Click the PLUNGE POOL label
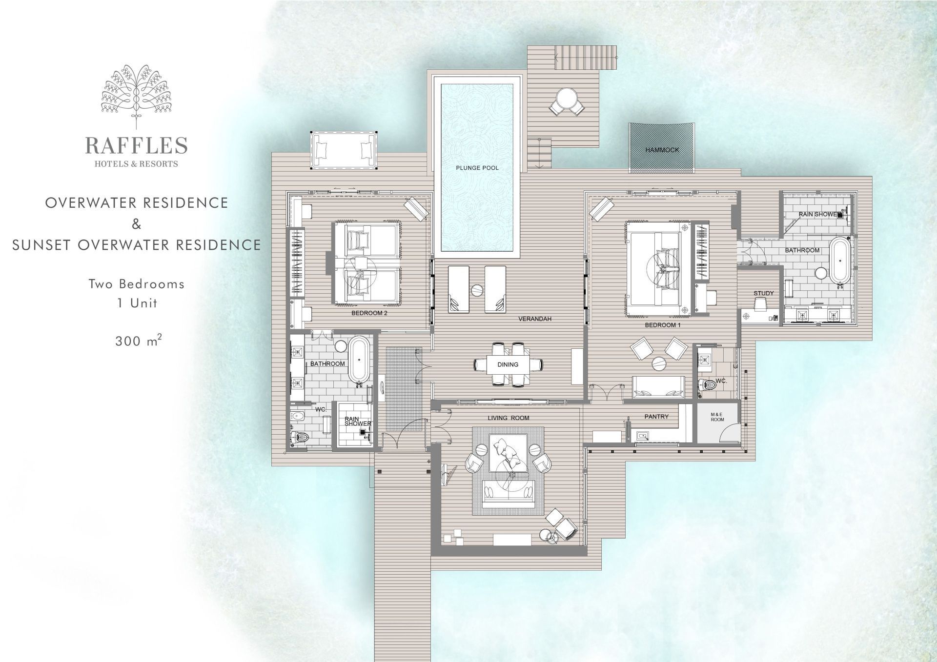[477, 168]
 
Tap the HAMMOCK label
[662, 150]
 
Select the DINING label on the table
[508, 364]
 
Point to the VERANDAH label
[535, 319]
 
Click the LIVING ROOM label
[509, 418]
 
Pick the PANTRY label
[656, 417]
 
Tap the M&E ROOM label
[717, 417]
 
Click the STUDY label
[764, 293]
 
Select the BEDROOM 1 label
[663, 325]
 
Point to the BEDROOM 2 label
[369, 313]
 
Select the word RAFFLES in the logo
[137, 145]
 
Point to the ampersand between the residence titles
[137, 224]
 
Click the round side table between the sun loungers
[477, 289]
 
